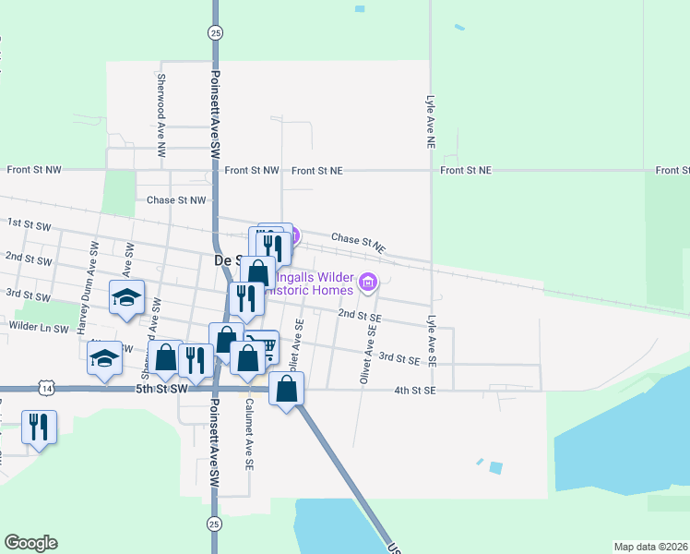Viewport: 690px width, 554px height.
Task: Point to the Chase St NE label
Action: coord(357,244)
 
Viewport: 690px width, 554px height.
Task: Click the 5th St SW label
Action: coord(161,390)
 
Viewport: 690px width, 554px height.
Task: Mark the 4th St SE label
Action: coord(414,391)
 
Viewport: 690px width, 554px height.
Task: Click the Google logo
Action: coord(30,543)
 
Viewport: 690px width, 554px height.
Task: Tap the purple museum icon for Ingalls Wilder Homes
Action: coord(368,282)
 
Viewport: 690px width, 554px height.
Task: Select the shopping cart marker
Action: coord(265,347)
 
